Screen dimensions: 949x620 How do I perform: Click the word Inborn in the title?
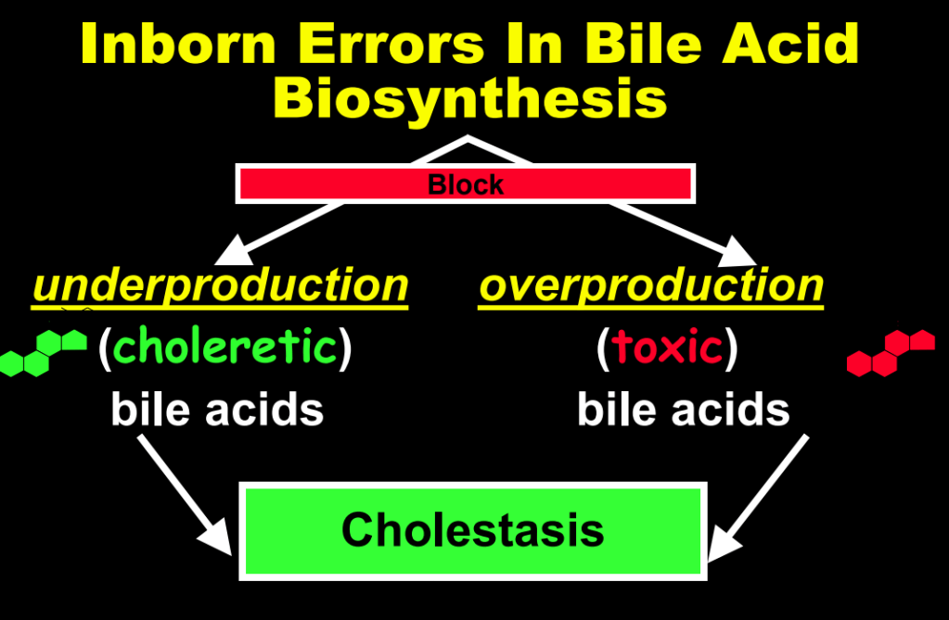click(178, 44)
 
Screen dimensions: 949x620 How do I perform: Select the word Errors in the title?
click(391, 44)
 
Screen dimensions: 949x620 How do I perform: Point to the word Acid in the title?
click(790, 44)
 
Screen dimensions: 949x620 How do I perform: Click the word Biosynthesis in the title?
click(469, 100)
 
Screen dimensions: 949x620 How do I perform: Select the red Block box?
click(466, 183)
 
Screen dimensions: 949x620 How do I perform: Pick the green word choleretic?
click(225, 347)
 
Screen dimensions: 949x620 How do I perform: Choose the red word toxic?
click(667, 348)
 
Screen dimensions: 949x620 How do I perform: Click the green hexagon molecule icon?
click(44, 353)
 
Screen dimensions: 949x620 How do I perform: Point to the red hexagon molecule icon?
click(891, 353)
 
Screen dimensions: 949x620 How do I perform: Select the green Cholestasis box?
click(473, 531)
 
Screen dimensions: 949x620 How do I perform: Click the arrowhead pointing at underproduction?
click(236, 251)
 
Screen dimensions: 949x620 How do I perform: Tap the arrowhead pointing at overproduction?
click(737, 252)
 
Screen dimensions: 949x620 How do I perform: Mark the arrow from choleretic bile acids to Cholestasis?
click(185, 495)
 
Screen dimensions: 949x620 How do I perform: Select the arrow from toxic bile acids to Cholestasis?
click(758, 498)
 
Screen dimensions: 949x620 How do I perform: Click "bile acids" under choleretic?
click(217, 410)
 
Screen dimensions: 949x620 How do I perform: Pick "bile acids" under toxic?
click(684, 410)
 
